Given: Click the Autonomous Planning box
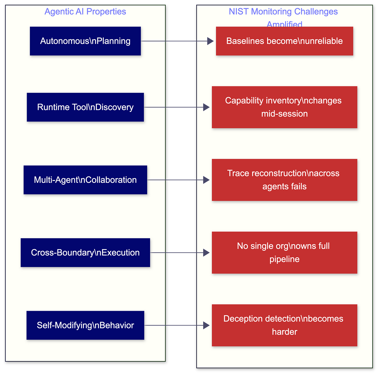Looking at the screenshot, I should tap(85, 41).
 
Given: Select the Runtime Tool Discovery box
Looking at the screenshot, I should tap(85, 107).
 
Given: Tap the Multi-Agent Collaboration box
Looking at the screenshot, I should tap(85, 180).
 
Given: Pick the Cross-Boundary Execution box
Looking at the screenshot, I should tap(85, 253).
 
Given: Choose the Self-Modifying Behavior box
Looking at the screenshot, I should tap(85, 325).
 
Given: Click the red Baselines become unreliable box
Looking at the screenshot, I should tap(284, 41).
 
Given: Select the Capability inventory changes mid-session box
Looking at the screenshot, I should tap(284, 107).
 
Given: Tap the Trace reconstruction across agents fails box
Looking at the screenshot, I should tap(284, 180).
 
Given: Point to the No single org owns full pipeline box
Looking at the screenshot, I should tap(284, 253).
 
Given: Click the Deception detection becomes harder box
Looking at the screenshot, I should tap(284, 325).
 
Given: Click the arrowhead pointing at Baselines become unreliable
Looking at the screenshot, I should tap(210, 41).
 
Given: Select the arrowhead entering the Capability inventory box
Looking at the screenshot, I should tap(206, 107).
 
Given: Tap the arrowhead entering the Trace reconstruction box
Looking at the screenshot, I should tap(206, 180).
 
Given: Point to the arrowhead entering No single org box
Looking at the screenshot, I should tap(206, 253).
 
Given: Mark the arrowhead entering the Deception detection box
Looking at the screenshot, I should tap(206, 325).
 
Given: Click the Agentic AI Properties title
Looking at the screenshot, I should tap(85, 11).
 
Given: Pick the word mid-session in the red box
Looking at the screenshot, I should tap(284, 114).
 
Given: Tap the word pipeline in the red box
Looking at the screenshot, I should tap(284, 259).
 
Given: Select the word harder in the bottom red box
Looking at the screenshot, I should tap(284, 332).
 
